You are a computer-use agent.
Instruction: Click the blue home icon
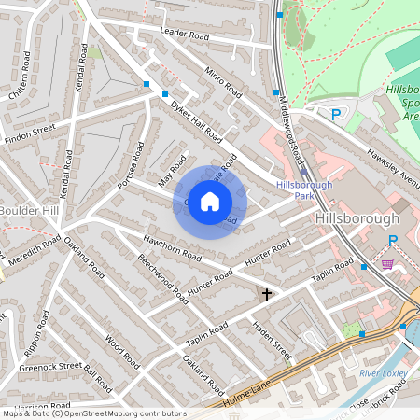click(x=210, y=202)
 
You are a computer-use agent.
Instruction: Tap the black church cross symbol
click(x=266, y=295)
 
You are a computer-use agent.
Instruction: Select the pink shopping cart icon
click(x=387, y=264)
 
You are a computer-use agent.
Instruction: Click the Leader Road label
click(x=184, y=34)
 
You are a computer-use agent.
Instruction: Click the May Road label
click(x=167, y=169)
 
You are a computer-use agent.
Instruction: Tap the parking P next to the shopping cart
click(x=393, y=241)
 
